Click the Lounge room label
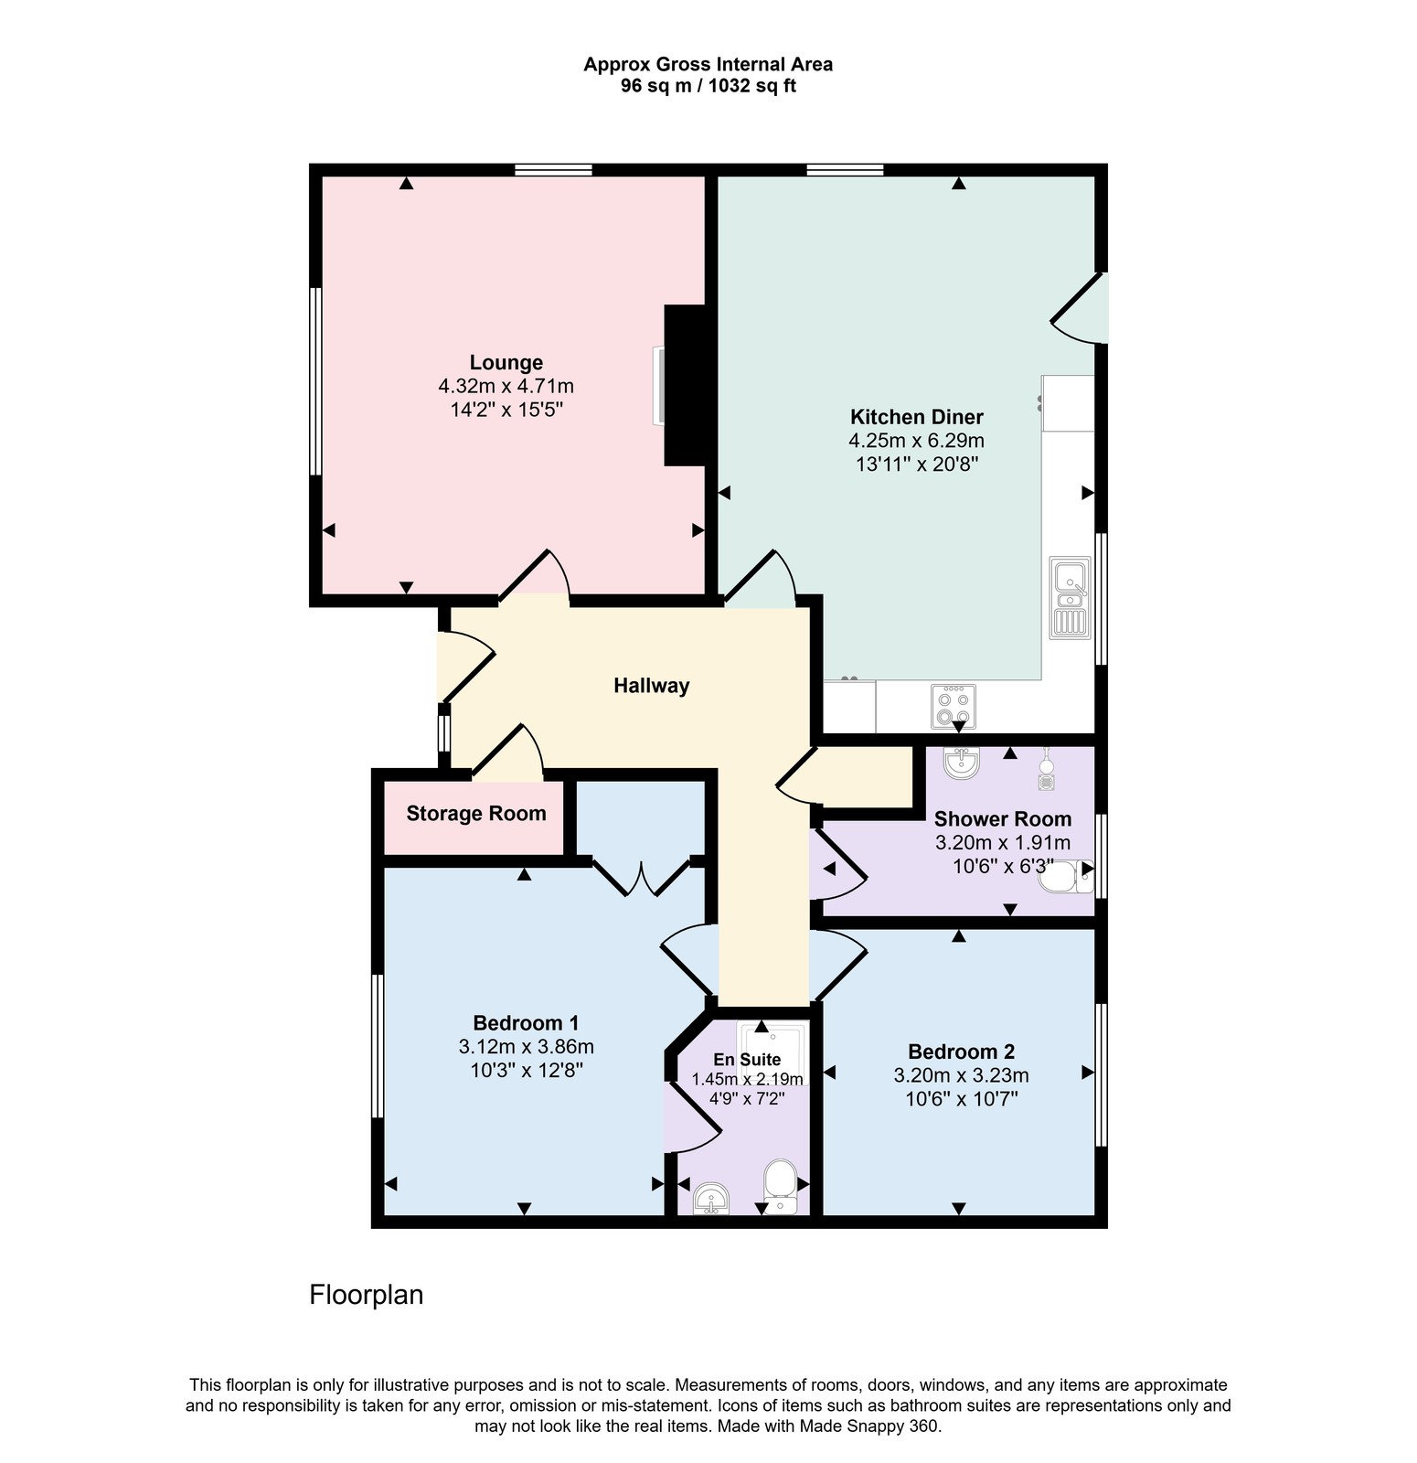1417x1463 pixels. coord(506,363)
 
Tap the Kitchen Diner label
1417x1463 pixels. coord(917,417)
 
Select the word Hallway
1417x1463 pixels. coord(652,686)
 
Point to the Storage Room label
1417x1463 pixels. coord(476,814)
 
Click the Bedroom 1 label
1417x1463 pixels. coord(526,1023)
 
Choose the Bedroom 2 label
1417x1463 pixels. coord(961,1052)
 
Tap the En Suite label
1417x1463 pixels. coord(747,1060)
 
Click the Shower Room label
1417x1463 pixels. coord(1003,819)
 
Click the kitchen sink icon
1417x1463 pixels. coord(1070,597)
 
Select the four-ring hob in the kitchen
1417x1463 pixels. coord(954,706)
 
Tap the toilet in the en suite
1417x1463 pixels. coord(780,1186)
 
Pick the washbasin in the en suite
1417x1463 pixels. coord(711,1199)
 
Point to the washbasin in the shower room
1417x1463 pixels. coord(961,763)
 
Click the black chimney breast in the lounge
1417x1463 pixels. coord(685,386)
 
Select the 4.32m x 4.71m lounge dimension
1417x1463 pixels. coord(506,386)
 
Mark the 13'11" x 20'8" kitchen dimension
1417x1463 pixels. coord(917,464)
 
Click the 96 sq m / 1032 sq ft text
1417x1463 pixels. coord(708,86)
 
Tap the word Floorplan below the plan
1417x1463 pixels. coord(367,1296)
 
